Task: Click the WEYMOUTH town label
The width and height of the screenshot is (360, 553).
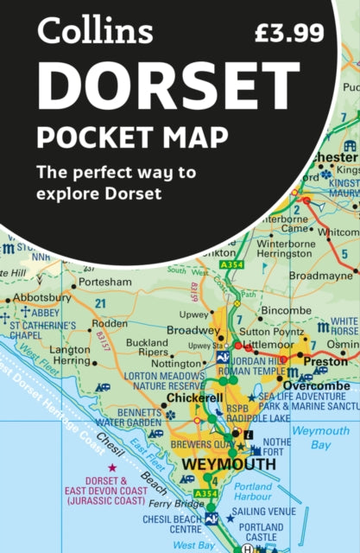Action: (228, 465)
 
